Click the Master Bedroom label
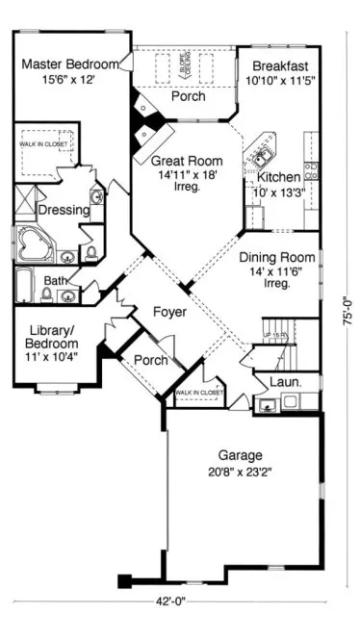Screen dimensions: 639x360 coord(69,64)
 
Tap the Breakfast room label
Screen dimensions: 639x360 coord(279,65)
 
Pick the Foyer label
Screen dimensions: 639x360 coord(169,312)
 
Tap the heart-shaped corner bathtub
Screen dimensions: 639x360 coord(34,243)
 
